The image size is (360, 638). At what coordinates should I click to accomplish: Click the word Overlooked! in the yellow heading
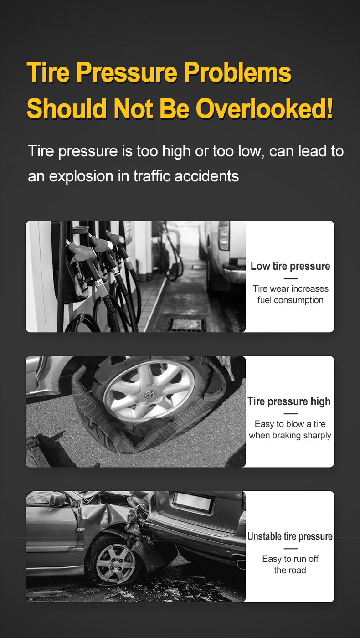264,108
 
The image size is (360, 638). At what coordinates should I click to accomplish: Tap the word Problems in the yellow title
237,72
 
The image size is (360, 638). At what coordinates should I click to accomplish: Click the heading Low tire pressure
290,266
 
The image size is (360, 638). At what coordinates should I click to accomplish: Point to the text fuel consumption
290,300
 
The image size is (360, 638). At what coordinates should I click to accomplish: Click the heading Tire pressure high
289,401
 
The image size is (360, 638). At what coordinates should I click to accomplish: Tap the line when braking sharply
290,435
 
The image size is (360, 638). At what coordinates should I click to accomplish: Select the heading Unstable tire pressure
290,536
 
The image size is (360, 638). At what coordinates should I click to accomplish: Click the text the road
290,570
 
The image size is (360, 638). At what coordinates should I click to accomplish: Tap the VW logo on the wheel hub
150,394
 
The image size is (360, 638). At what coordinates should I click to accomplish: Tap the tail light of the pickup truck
224,236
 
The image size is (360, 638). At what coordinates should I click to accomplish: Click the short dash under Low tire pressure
291,278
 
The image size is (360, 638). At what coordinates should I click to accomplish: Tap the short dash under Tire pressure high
291,414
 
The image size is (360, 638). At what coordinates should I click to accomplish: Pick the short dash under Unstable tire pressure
291,549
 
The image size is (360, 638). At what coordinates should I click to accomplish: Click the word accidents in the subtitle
206,176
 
